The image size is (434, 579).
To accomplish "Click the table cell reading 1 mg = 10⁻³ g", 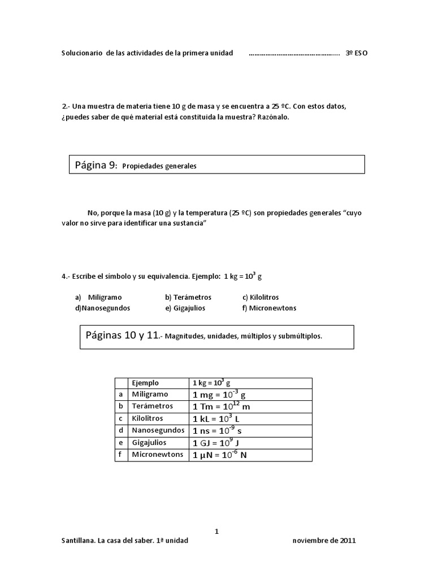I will pos(219,395).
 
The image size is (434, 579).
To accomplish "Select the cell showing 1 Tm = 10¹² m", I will pos(221,407).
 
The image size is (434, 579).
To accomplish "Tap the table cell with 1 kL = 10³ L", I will pos(216,419).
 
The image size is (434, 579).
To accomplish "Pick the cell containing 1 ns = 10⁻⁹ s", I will pos(218,431).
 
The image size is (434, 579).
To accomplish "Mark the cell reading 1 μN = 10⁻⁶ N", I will pos(220,455).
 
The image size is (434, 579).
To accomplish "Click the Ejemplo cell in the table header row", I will pos(145,383).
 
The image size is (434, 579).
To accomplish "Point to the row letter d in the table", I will pos(120,431).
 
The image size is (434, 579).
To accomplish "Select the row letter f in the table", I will pos(120,455).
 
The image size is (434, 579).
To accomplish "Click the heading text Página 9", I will pos(96,165).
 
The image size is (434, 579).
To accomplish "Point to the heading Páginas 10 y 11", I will pos(123,335).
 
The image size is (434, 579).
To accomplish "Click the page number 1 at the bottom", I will pos(216,531).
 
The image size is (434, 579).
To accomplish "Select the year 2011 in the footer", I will pos(348,540).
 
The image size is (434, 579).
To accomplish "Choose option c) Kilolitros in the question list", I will pos(261,297).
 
